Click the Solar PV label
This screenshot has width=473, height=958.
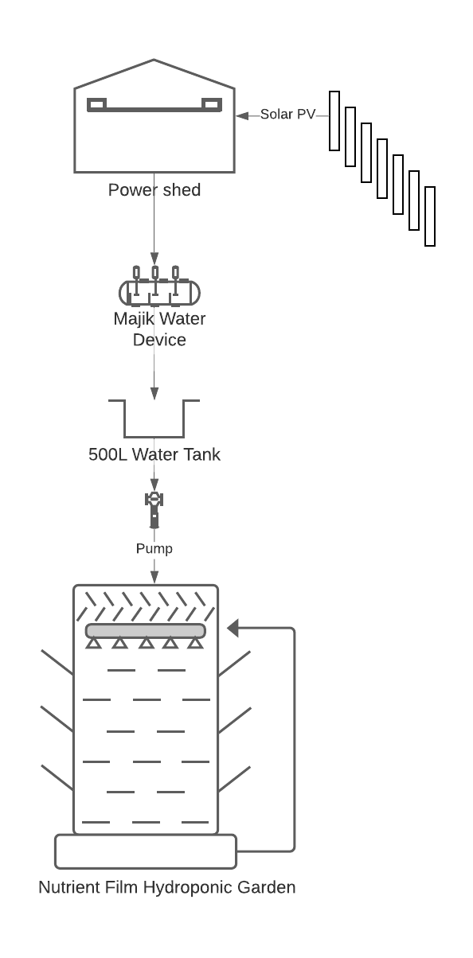(287, 115)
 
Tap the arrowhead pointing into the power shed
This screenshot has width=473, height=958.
(242, 116)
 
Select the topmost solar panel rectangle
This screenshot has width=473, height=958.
(334, 121)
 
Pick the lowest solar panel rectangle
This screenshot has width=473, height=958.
(430, 216)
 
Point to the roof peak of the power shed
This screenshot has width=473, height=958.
(154, 60)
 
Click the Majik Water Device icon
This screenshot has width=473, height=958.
(159, 286)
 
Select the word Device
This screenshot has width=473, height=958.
(159, 340)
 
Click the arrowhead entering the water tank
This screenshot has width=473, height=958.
(154, 393)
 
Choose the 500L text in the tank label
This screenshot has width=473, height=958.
(107, 454)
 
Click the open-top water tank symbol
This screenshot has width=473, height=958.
(154, 437)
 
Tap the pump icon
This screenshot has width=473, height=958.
(154, 510)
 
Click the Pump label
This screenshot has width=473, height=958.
(154, 549)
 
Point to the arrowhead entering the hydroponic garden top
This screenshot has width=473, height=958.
(154, 578)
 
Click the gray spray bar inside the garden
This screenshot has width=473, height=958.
(146, 631)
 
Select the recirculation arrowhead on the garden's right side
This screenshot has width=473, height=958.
(233, 629)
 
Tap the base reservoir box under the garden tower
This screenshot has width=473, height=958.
(146, 851)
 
